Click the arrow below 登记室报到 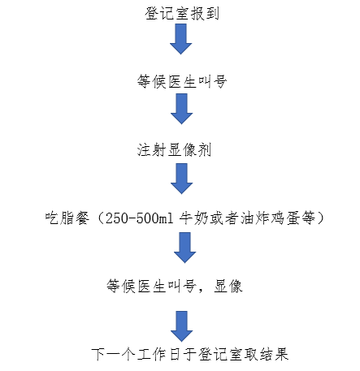(x=181, y=39)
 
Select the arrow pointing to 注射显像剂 (x=181, y=109)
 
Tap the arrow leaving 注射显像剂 (x=181, y=179)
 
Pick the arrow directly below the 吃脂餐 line (x=184, y=248)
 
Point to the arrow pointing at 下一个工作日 (x=181, y=326)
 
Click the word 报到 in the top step (x=205, y=13)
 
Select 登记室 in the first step (x=167, y=13)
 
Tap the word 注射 (x=151, y=149)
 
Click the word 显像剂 (x=189, y=149)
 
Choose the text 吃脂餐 (x=67, y=218)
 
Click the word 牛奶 (x=193, y=218)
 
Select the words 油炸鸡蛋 (x=270, y=218)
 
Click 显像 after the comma (x=228, y=286)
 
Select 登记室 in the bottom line (x=221, y=354)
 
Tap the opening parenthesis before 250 (x=100, y=218)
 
